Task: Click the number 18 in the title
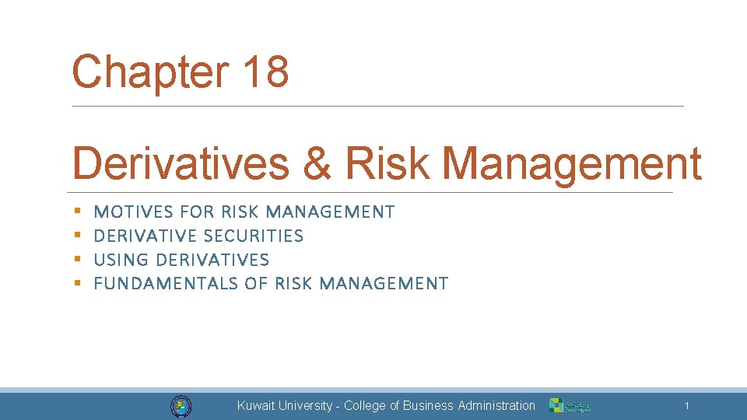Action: click(x=265, y=72)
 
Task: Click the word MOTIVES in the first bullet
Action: click(x=133, y=212)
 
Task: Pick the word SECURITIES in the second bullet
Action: click(x=253, y=236)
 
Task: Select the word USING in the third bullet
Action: click(x=122, y=260)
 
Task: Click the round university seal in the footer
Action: click(x=181, y=406)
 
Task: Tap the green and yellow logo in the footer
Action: click(x=570, y=406)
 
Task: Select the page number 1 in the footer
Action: click(x=686, y=406)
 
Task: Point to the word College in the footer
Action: click(x=365, y=406)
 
